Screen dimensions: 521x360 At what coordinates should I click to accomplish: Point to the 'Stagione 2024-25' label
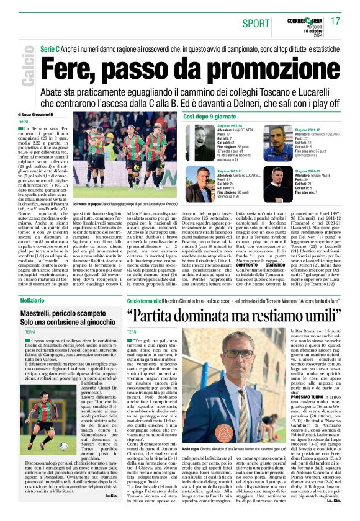310,171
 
